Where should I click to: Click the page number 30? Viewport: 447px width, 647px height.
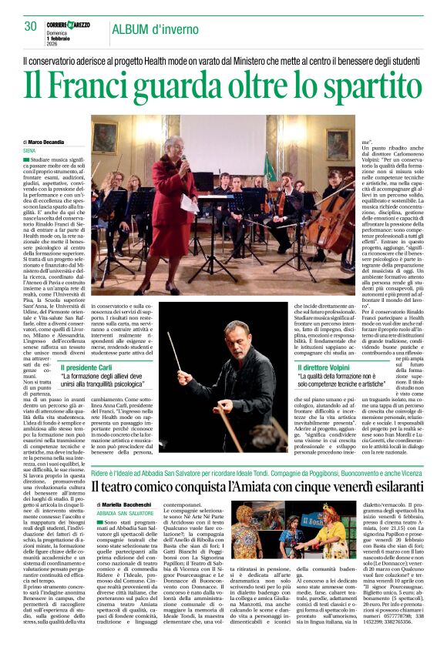pyautogui.click(x=30, y=27)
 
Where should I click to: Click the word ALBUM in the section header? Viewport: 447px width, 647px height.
pyautogui.click(x=130, y=29)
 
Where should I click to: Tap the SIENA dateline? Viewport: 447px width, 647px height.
pyautogui.click(x=30, y=150)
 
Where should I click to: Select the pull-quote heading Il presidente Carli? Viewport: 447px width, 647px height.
pyautogui.click(x=89, y=368)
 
